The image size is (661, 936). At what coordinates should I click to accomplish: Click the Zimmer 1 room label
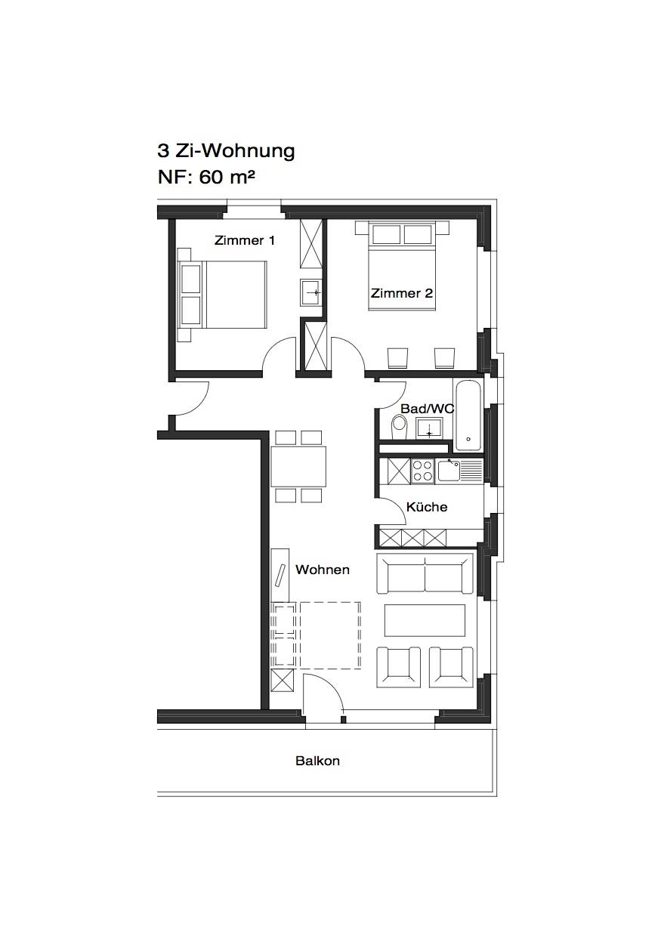pyautogui.click(x=245, y=241)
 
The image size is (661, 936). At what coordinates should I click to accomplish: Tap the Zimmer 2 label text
pyautogui.click(x=402, y=293)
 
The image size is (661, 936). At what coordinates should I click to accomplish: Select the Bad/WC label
pyautogui.click(x=427, y=409)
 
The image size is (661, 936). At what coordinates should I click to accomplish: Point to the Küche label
pyautogui.click(x=427, y=507)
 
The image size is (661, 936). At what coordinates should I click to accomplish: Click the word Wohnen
pyautogui.click(x=323, y=570)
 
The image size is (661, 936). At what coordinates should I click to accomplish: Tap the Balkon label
pyautogui.click(x=317, y=761)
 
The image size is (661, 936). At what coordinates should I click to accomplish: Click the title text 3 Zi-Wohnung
pyautogui.click(x=226, y=151)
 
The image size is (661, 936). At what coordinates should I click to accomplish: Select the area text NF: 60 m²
pyautogui.click(x=206, y=178)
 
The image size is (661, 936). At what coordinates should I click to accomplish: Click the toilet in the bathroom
pyautogui.click(x=400, y=427)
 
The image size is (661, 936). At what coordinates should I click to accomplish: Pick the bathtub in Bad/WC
pyautogui.click(x=468, y=415)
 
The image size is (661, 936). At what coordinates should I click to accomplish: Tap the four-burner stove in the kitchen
pyautogui.click(x=422, y=471)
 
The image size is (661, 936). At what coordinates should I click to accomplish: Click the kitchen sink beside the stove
pyautogui.click(x=459, y=471)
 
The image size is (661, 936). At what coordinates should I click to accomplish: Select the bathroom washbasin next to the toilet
pyautogui.click(x=428, y=428)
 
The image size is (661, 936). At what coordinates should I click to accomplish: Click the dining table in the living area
pyautogui.click(x=298, y=466)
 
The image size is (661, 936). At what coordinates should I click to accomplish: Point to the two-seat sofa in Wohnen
pyautogui.click(x=425, y=573)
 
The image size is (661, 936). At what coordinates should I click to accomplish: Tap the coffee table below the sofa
pyautogui.click(x=425, y=620)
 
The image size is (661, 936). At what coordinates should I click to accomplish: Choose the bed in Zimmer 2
pyautogui.click(x=402, y=266)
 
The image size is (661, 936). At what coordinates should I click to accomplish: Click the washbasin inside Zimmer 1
pyautogui.click(x=311, y=292)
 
